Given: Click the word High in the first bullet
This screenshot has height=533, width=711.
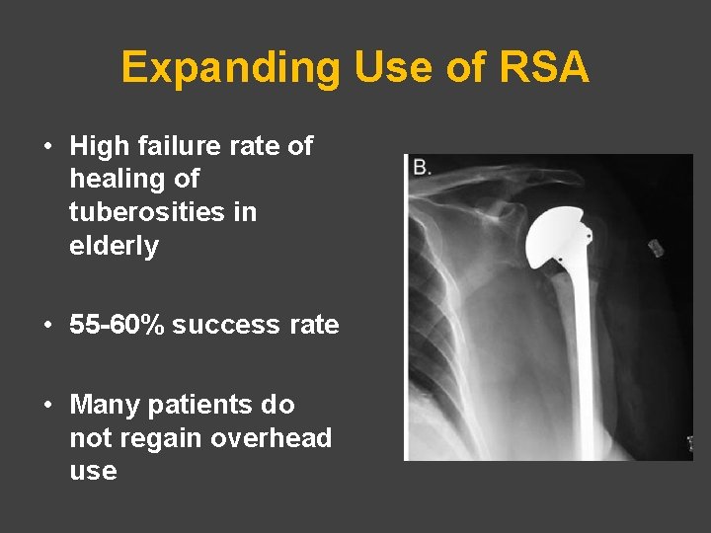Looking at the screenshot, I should coord(99,147).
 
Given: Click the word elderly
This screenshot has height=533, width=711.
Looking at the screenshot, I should coord(114,246).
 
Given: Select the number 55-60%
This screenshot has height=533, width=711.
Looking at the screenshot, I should coord(117,325).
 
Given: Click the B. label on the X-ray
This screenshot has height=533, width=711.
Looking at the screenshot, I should coord(422,168).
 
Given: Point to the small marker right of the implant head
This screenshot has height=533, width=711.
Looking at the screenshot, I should coord(653,247).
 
